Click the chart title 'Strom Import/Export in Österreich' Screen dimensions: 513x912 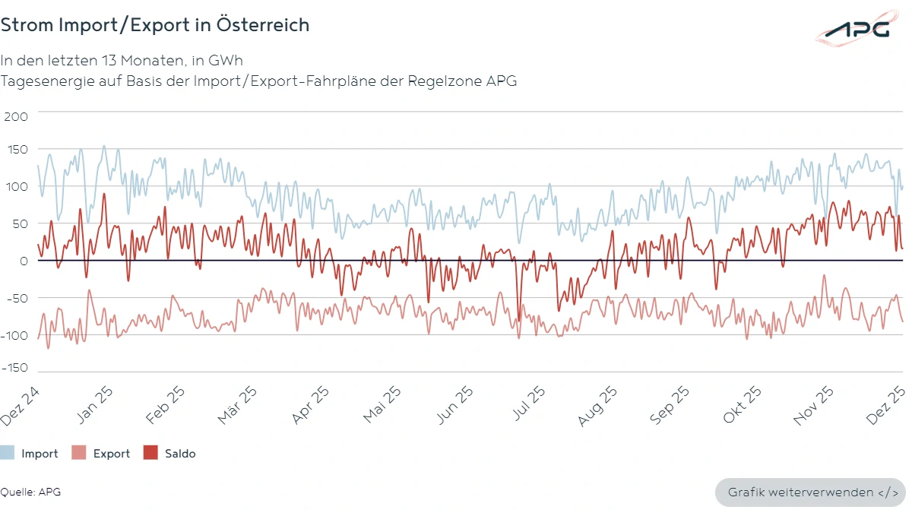coord(154,25)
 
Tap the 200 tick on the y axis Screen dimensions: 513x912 coord(16,116)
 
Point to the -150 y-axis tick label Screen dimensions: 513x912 coord(14,368)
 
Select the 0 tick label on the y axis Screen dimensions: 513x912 coord(24,261)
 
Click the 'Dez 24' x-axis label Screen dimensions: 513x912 coord(21,405)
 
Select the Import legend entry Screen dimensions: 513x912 coord(30,454)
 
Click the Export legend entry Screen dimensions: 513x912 coord(102,454)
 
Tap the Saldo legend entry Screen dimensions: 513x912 coord(170,454)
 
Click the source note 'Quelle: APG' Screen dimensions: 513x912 coord(30,492)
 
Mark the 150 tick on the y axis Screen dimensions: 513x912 coord(16,150)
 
